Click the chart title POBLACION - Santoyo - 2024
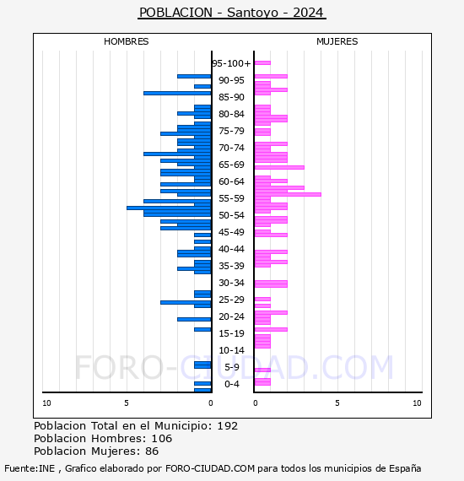[232, 13]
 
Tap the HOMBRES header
[127, 41]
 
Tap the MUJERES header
[337, 41]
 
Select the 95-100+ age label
[231, 63]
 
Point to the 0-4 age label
[231, 384]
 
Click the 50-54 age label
[231, 215]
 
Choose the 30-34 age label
[231, 283]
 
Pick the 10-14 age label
[231, 350]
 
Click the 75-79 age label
[231, 131]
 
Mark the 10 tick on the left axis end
[46, 403]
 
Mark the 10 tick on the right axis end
[417, 403]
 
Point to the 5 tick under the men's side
[127, 403]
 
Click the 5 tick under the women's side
[336, 403]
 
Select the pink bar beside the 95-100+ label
[262, 62]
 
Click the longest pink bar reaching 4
[287, 194]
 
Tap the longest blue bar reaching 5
[169, 208]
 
